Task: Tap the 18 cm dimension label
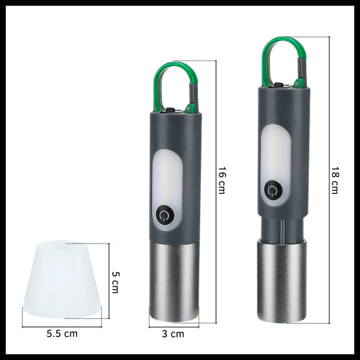pyautogui.click(x=333, y=180)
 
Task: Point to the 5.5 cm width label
pyautogui.click(x=62, y=334)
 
